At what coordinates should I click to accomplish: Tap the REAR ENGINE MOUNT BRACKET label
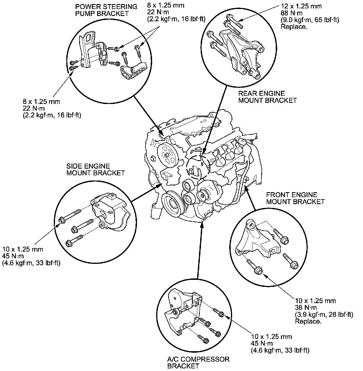(267, 97)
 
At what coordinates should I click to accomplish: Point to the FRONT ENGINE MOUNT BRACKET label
(295, 198)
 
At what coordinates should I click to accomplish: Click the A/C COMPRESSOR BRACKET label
(198, 362)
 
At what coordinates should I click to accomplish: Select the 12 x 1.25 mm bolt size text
(301, 6)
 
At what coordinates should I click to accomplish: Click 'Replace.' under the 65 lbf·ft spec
(294, 27)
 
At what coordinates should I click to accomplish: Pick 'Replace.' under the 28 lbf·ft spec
(308, 321)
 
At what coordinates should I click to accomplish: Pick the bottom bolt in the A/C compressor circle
(202, 338)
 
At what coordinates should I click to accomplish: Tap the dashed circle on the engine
(197, 166)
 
